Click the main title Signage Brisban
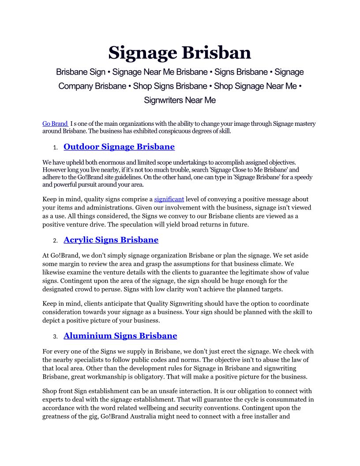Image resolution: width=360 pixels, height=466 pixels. tap(180, 53)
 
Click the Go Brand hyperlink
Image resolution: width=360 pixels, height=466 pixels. tap(55, 124)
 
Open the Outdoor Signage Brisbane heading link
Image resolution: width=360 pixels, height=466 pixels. tap(119, 147)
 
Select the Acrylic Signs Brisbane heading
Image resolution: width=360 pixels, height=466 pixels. tap(111, 240)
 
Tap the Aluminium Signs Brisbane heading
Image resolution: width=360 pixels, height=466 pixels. tap(120, 336)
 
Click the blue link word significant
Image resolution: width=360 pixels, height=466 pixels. tap(169, 199)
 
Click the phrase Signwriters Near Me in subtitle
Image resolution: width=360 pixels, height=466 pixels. tap(180, 100)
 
